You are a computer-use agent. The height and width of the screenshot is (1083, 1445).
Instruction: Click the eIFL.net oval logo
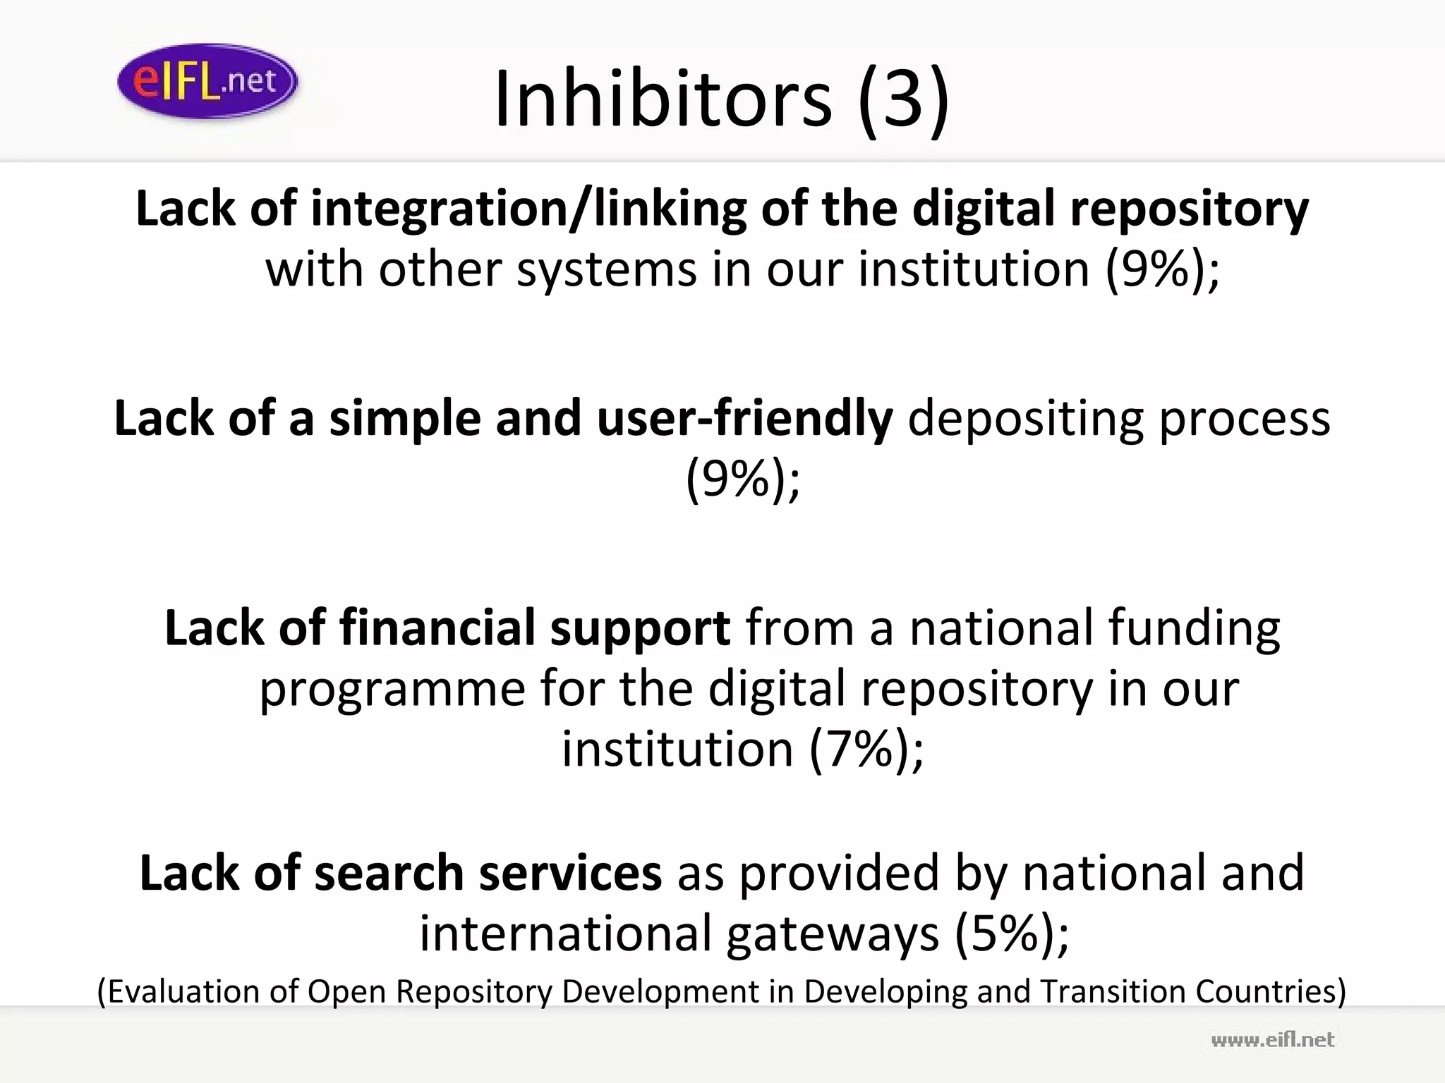coord(207,81)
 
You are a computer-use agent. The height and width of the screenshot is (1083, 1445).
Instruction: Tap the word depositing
coord(1024,418)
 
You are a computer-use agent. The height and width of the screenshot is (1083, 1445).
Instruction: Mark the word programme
coord(392,688)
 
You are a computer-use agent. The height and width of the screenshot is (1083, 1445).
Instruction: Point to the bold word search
coord(389,873)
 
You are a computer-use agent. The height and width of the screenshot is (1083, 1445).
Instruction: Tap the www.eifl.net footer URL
coord(1273,1040)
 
